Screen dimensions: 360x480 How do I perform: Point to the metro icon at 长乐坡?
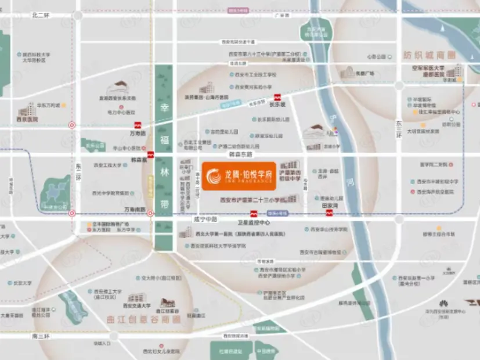point(277,97)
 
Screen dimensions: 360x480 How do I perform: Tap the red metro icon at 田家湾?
point(329,213)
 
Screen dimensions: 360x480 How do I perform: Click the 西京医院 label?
point(27,119)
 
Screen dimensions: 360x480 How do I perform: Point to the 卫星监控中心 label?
point(254,222)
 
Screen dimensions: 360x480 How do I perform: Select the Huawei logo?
point(442,303)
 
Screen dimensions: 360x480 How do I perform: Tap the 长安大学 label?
point(23,283)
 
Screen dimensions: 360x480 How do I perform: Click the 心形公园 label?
point(376,57)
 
